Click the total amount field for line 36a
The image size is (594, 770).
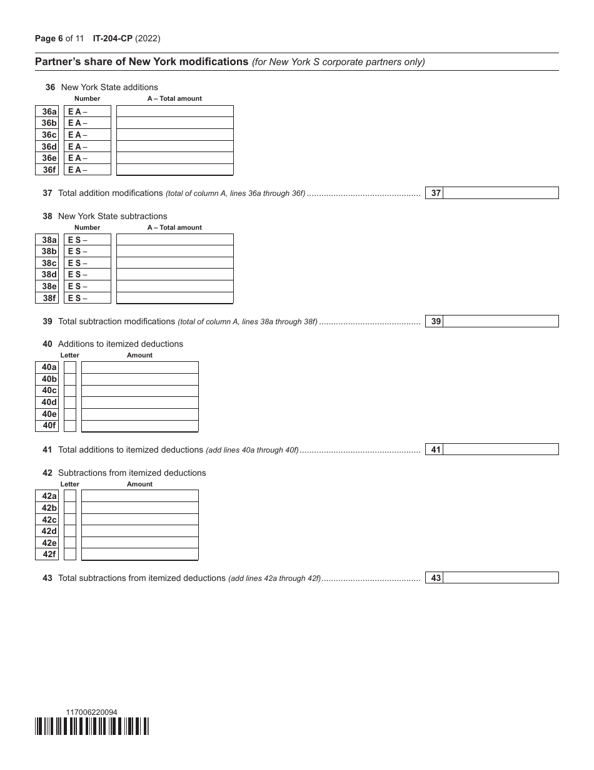coord(175,111)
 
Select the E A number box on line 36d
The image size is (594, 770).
coord(88,146)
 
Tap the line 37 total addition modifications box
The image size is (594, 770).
coord(500,193)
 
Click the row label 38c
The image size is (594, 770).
coord(48,263)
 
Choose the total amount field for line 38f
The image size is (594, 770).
coord(175,298)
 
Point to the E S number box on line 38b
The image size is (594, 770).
coord(88,252)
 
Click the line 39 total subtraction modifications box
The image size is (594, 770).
coord(500,321)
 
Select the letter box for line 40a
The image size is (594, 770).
coord(70,367)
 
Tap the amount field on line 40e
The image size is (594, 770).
coord(140,414)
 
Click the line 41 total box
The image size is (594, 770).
coord(500,449)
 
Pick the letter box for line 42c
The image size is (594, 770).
coord(70,520)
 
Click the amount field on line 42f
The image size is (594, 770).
coord(140,554)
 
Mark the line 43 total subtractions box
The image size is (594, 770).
coord(500,578)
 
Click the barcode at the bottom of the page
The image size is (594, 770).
coord(93,726)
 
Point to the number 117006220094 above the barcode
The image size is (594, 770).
coord(91,712)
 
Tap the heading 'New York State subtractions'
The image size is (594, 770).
coord(113,216)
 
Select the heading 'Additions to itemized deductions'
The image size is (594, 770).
coord(121,344)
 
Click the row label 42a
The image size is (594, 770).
coord(48,496)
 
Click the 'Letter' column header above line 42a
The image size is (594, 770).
coord(70,484)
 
